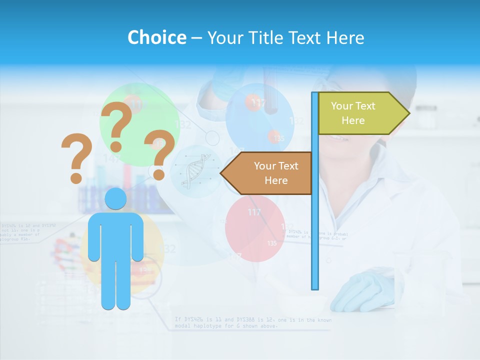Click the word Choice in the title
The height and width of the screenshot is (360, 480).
(x=156, y=37)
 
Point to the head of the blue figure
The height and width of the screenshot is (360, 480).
(x=115, y=199)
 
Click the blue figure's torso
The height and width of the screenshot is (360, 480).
(x=115, y=235)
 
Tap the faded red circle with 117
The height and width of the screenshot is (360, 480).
(x=254, y=228)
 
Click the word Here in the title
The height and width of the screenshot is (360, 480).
(x=344, y=37)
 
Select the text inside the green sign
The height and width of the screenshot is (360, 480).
(x=353, y=113)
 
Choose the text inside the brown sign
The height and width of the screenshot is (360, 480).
(x=276, y=173)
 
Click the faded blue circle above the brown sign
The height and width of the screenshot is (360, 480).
(x=259, y=117)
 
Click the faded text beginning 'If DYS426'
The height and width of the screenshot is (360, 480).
(x=252, y=322)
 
